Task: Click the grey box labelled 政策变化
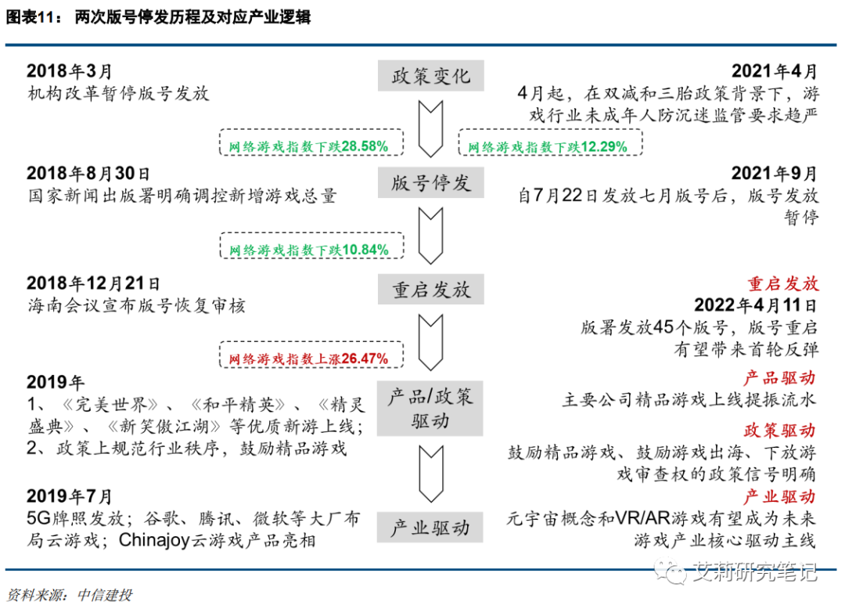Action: (431, 76)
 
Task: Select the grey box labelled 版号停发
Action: (431, 183)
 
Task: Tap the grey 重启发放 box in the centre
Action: (431, 290)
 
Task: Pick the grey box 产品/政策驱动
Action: (431, 408)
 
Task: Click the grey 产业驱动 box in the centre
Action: (431, 528)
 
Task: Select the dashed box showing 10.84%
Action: (311, 249)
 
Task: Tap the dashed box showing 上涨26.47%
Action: (311, 358)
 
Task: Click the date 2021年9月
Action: (774, 174)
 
